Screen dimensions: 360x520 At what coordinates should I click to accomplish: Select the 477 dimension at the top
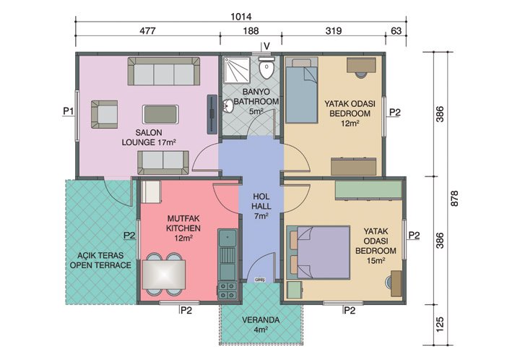click(147, 30)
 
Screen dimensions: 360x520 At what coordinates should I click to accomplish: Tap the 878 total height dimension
click(454, 202)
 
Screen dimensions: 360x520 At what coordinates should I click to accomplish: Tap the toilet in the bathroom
click(268, 70)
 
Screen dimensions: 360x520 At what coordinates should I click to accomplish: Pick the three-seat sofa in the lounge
click(165, 72)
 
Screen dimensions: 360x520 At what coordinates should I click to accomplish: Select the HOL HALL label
click(261, 205)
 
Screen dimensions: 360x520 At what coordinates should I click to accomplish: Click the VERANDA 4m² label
click(261, 325)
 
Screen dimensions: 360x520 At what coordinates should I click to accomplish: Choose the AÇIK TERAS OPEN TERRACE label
click(100, 260)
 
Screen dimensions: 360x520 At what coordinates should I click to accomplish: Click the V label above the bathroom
click(266, 46)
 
